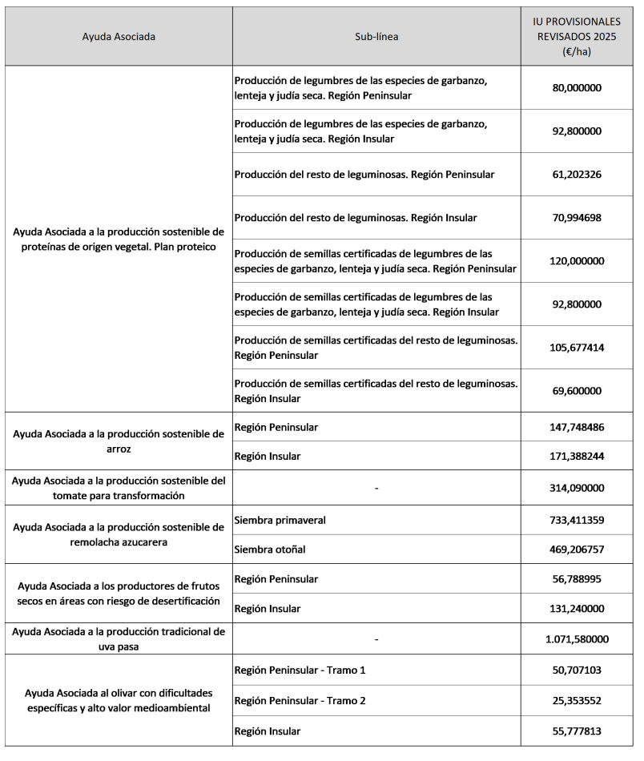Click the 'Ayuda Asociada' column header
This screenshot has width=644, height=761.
119,37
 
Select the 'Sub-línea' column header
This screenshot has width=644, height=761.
376,37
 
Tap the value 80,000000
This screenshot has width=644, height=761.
577,88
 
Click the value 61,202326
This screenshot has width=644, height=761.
577,175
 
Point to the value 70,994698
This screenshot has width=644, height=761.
577,218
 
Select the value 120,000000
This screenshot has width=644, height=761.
577,261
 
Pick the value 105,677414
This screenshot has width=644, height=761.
577,348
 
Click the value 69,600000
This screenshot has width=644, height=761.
577,391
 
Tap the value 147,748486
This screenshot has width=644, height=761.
577,427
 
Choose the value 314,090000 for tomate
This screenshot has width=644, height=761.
577,488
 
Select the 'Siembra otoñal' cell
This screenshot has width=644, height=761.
271,550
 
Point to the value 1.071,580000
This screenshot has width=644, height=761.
577,639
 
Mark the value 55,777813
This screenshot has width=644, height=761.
577,731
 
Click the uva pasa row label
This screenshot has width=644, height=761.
119,639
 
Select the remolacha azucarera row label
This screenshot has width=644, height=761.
119,534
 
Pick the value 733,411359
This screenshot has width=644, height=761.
577,520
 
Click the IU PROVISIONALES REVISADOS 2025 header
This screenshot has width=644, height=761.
577,37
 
